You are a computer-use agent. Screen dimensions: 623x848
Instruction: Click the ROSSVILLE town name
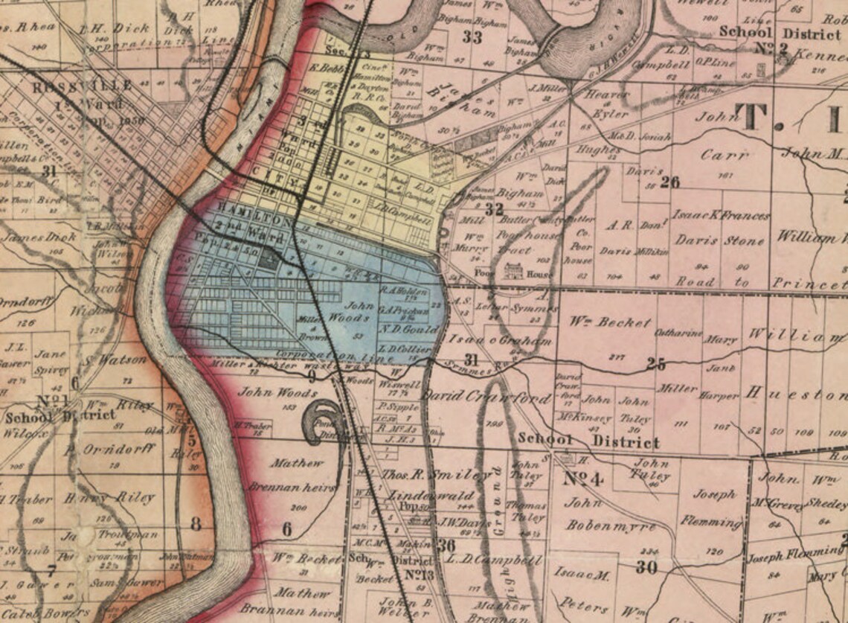pos(83,86)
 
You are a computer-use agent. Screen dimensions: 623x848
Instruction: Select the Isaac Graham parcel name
pos(502,341)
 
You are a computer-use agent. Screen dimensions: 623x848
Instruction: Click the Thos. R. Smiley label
pos(426,474)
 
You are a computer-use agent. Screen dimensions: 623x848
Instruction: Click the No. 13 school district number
pos(420,575)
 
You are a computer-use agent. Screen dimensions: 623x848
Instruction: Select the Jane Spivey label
pos(51,362)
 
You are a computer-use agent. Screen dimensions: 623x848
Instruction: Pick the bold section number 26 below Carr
pos(669,182)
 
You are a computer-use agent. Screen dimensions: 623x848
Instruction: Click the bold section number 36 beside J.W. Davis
pos(446,546)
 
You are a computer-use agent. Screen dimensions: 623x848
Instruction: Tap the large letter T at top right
pos(752,118)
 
